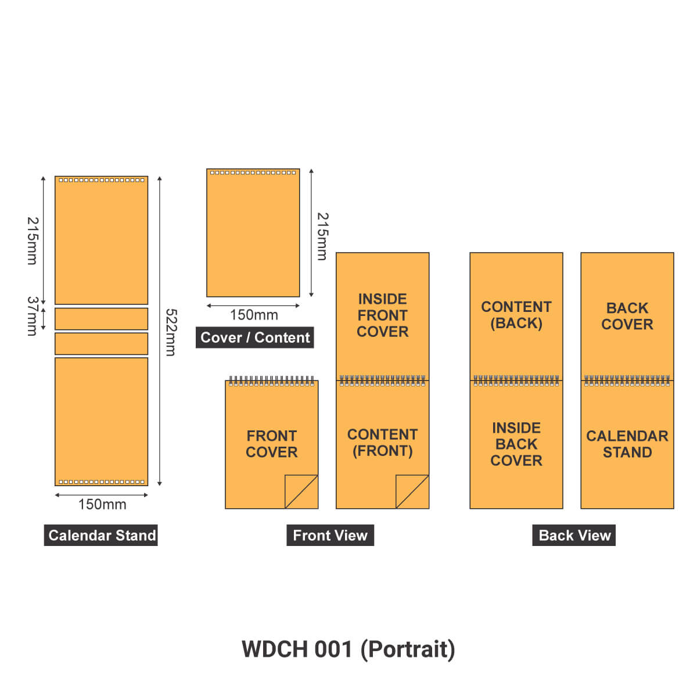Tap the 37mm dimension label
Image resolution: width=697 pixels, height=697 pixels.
click(33, 316)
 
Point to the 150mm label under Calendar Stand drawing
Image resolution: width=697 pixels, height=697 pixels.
click(102, 504)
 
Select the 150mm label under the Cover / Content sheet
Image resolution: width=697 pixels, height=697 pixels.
click(254, 315)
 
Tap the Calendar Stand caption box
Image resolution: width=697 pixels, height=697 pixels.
click(101, 535)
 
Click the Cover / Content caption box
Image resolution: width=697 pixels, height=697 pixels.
click(254, 337)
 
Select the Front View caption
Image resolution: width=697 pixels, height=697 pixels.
click(330, 535)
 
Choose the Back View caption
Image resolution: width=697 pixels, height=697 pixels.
click(574, 535)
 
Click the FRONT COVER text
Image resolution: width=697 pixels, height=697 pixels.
click(271, 444)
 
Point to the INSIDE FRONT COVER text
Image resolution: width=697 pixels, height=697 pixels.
click(382, 315)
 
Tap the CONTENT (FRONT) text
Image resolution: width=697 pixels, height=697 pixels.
click(382, 443)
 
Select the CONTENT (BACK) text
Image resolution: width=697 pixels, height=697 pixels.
click(516, 315)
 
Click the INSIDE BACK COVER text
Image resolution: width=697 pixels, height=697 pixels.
click(516, 444)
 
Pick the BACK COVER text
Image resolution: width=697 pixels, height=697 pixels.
click(627, 316)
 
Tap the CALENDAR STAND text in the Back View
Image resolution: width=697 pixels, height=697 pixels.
click(627, 444)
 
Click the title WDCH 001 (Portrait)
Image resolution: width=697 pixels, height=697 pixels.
click(348, 649)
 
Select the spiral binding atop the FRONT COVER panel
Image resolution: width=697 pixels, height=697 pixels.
click(271, 381)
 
